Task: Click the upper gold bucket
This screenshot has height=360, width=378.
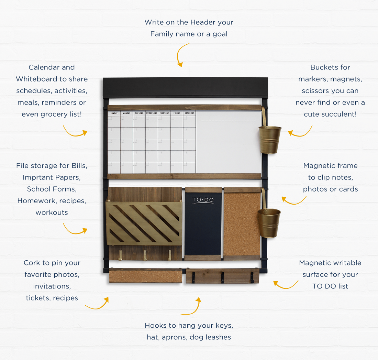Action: (x=270, y=139)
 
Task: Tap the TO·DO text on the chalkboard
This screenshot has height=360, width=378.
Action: (x=203, y=200)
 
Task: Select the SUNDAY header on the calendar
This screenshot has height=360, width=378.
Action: (x=114, y=113)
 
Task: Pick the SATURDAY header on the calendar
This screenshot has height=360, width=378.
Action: (x=189, y=113)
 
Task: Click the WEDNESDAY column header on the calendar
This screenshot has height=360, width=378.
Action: (x=152, y=113)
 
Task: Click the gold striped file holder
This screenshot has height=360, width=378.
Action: (x=144, y=223)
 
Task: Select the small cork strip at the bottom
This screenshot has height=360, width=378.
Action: (x=145, y=276)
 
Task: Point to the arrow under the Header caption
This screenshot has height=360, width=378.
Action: (x=181, y=55)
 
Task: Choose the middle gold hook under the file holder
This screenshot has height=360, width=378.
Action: (x=145, y=255)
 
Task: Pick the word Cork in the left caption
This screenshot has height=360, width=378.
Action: (x=31, y=263)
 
